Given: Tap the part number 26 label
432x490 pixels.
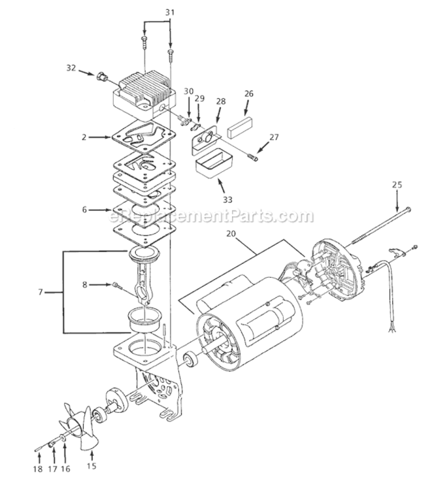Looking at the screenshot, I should click(x=248, y=93).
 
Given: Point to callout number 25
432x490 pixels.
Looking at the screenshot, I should click(x=398, y=186).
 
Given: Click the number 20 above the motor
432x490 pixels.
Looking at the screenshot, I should click(x=231, y=233).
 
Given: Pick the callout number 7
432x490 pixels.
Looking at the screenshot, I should click(x=41, y=291).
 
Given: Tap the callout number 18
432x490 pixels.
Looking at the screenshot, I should click(x=38, y=469).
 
